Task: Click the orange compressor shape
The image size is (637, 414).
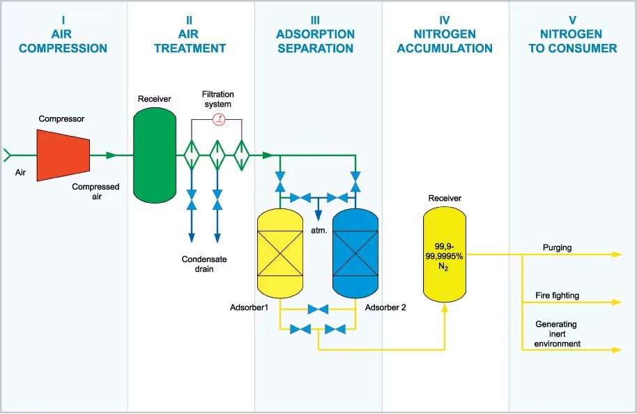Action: pyautogui.click(x=63, y=155)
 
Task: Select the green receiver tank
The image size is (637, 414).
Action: pyautogui.click(x=155, y=155)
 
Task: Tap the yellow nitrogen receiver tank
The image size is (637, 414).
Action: pyautogui.click(x=445, y=254)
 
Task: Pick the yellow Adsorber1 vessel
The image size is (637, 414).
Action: pyautogui.click(x=280, y=254)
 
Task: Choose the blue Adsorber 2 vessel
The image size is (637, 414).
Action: pyautogui.click(x=355, y=254)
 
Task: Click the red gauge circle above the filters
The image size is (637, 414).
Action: pyautogui.click(x=220, y=119)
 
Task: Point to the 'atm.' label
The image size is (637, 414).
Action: pyautogui.click(x=319, y=231)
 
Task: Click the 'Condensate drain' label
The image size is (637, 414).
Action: pyautogui.click(x=204, y=264)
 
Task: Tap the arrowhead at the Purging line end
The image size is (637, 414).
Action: pyautogui.click(x=617, y=254)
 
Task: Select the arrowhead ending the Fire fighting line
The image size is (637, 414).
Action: pyautogui.click(x=617, y=302)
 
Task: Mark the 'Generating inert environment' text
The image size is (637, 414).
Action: pyautogui.click(x=557, y=334)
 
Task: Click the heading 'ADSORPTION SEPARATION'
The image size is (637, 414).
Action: pyautogui.click(x=315, y=41)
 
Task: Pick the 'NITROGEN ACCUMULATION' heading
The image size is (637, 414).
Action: pyautogui.click(x=445, y=41)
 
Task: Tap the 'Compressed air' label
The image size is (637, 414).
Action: pyautogui.click(x=96, y=192)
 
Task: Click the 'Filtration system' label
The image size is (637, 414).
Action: pyautogui.click(x=217, y=99)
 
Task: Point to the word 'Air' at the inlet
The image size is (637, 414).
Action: pyautogui.click(x=20, y=172)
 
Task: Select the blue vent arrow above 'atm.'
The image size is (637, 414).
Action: pyautogui.click(x=318, y=210)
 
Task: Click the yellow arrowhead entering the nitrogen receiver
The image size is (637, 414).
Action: pyautogui.click(x=445, y=308)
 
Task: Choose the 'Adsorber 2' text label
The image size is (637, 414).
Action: pyautogui.click(x=385, y=307)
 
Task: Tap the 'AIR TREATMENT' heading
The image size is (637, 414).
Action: pyautogui.click(x=190, y=41)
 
